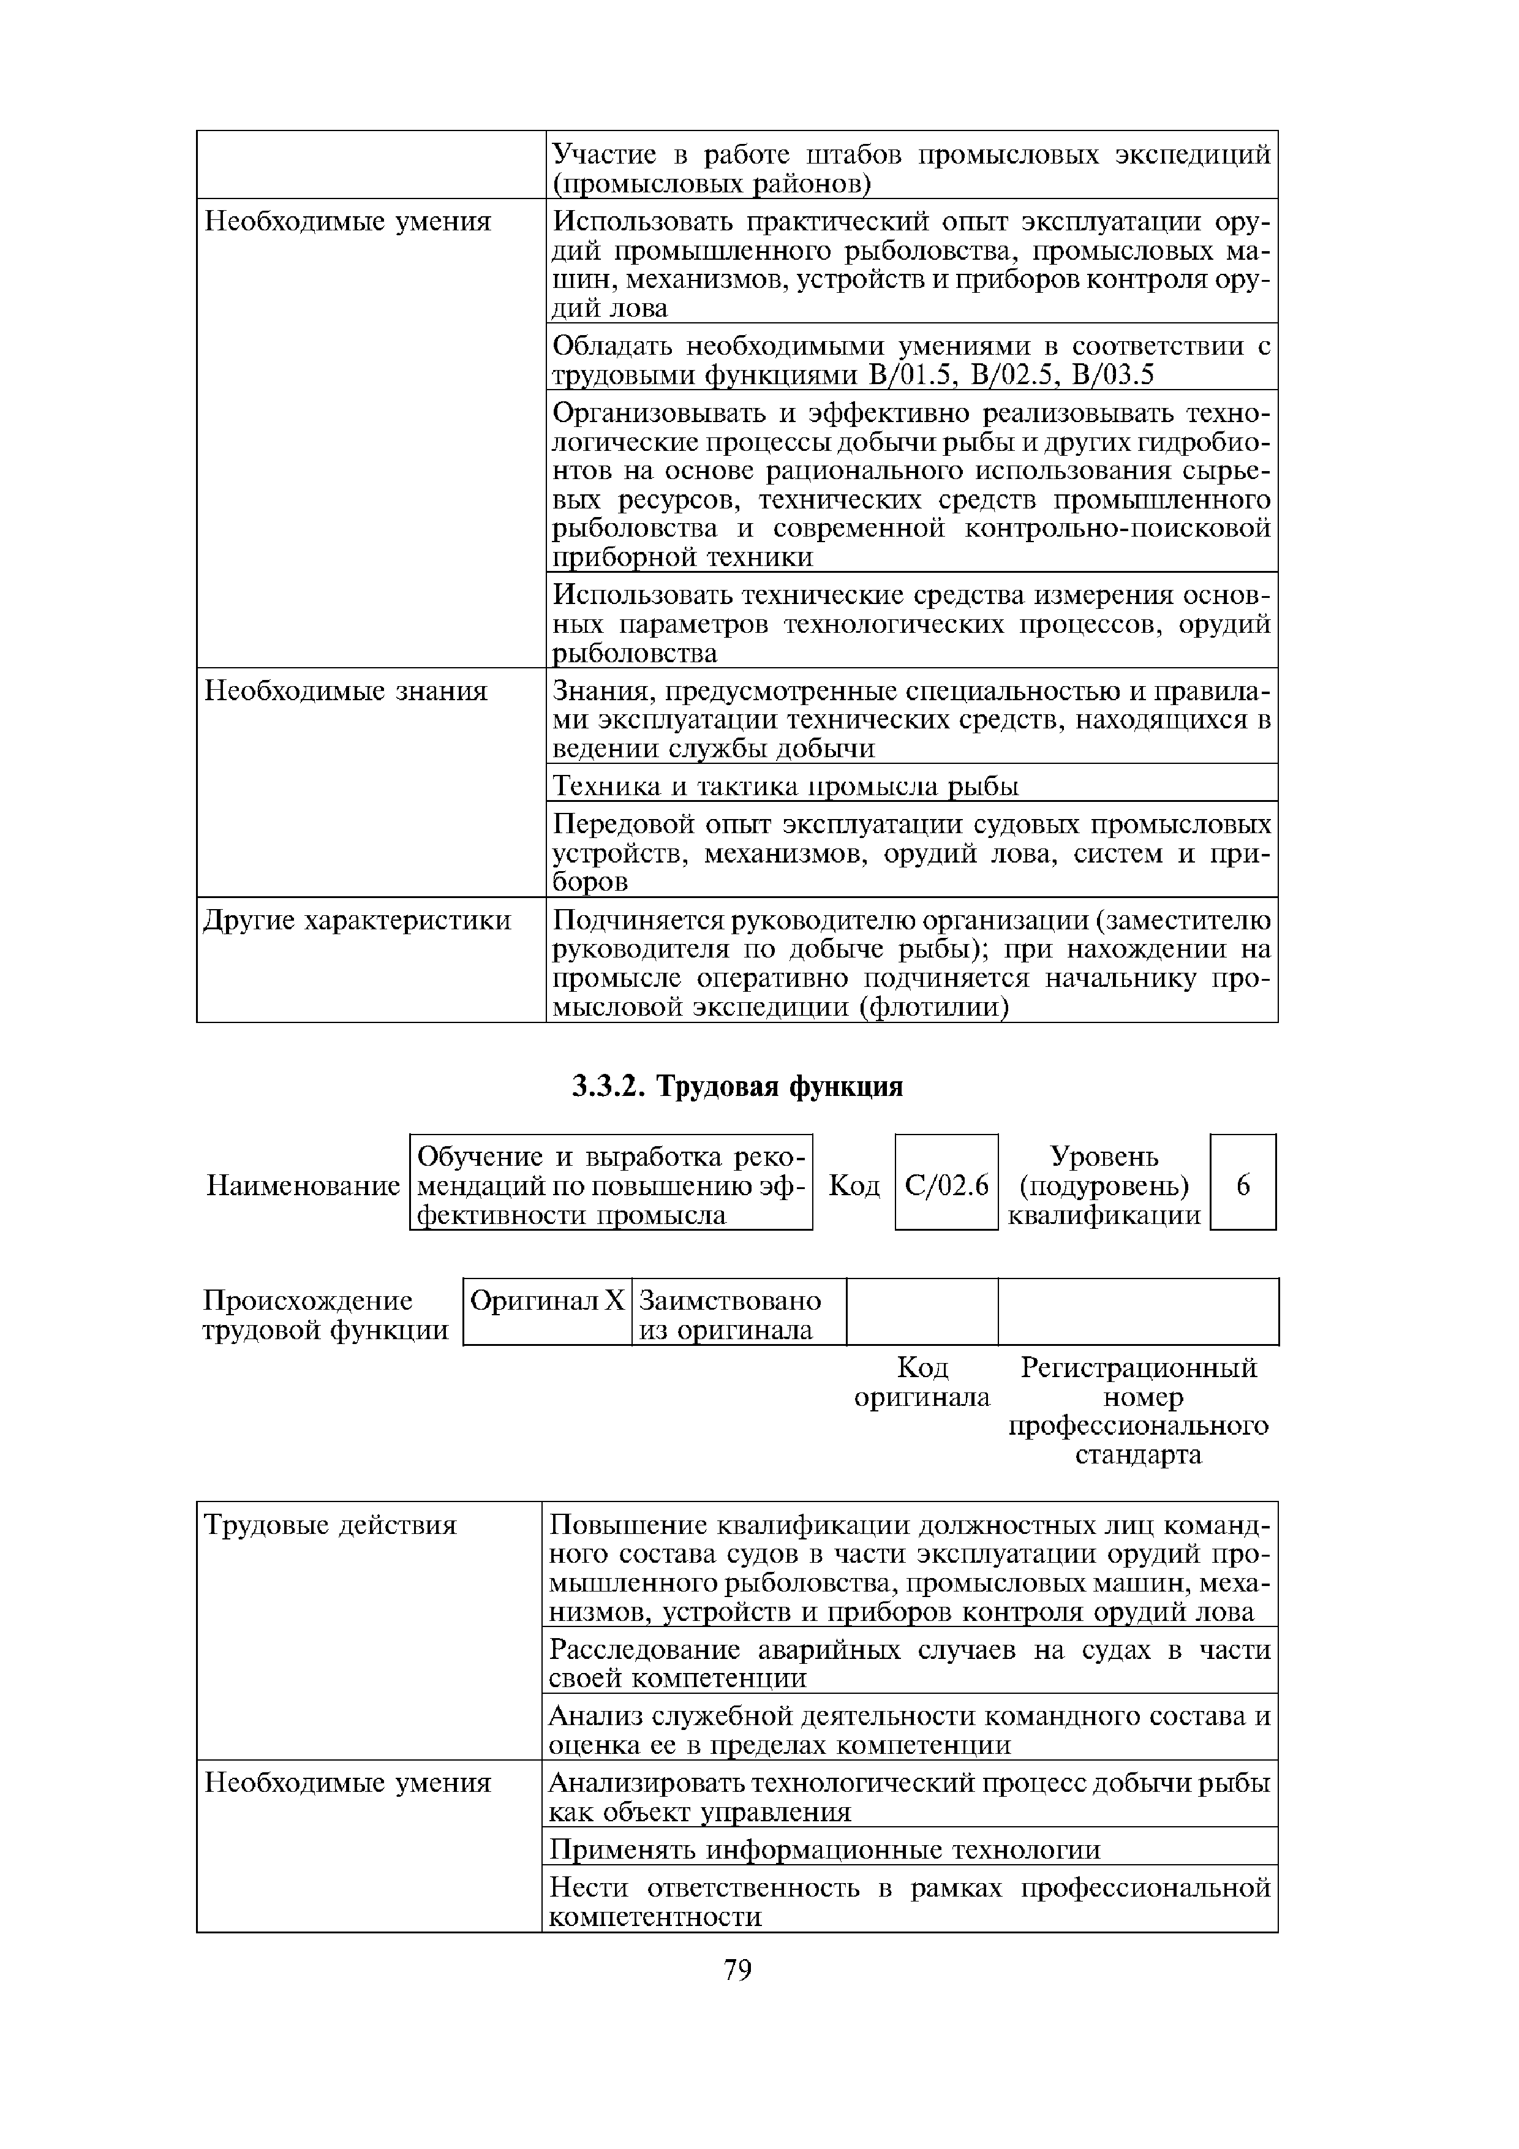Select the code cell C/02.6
(946, 1186)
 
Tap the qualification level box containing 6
(1243, 1186)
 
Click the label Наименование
(303, 1186)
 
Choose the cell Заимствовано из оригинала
(730, 1315)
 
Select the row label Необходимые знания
(346, 692)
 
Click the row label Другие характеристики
(358, 921)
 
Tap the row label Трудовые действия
(330, 1525)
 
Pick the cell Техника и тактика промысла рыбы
(784, 786)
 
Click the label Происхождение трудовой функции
(325, 1315)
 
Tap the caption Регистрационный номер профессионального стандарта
(1138, 1411)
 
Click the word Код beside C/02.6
(854, 1186)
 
